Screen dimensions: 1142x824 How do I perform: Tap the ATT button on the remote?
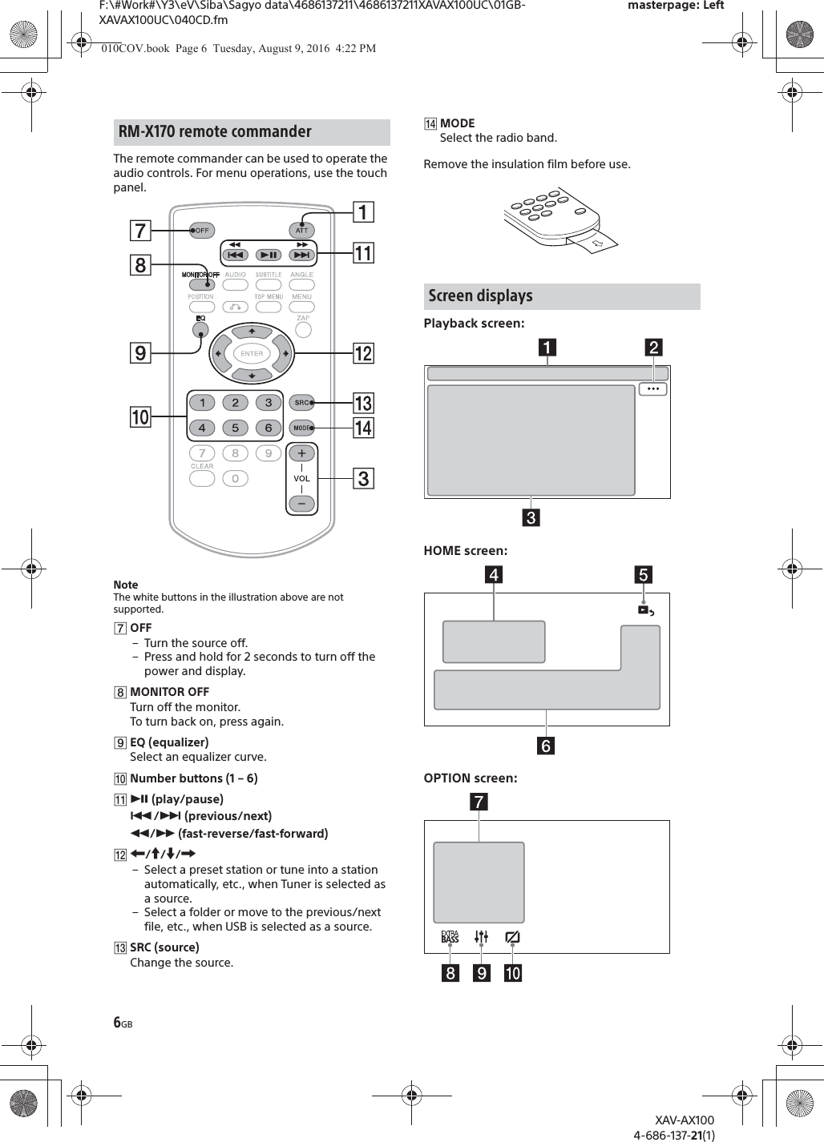(x=301, y=231)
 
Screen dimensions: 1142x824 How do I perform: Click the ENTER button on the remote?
(x=252, y=353)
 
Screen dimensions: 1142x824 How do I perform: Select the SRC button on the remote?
(x=301, y=402)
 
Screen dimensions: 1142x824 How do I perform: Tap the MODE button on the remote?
(x=301, y=428)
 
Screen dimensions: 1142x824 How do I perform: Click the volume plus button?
(x=301, y=453)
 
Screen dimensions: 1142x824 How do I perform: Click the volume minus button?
(x=301, y=504)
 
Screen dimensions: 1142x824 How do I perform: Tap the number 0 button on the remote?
(x=235, y=478)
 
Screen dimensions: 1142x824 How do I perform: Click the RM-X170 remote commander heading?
(x=215, y=132)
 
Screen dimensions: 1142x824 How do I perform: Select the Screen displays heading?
(x=480, y=296)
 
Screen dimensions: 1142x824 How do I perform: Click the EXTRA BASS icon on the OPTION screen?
(x=450, y=936)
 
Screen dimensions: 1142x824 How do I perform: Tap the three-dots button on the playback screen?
(x=653, y=389)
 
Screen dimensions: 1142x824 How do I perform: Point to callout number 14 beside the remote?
(x=363, y=428)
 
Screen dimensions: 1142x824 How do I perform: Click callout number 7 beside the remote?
(x=140, y=231)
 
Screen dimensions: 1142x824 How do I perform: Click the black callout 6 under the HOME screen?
(x=545, y=746)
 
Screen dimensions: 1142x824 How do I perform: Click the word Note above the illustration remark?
(x=126, y=585)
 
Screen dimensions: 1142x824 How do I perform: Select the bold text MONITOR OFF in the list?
(x=169, y=692)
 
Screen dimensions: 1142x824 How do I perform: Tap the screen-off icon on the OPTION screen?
(x=512, y=936)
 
